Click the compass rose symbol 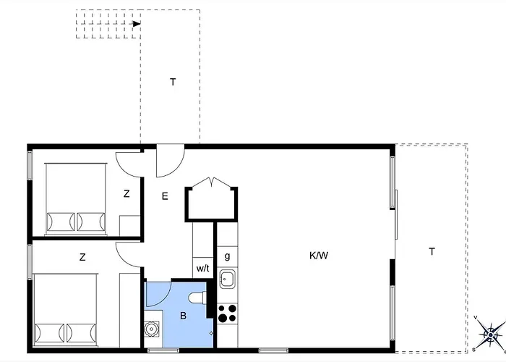(491, 334)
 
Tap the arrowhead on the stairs (136, 23)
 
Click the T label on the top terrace (173, 82)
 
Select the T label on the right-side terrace (432, 251)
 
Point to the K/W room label (319, 255)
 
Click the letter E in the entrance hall (165, 195)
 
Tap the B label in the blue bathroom (183, 315)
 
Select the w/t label (202, 267)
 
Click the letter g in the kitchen (227, 256)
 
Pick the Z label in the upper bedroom (126, 193)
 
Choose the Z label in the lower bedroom (82, 256)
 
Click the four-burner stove (227, 312)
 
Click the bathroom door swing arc (159, 293)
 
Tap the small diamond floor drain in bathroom (210, 333)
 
